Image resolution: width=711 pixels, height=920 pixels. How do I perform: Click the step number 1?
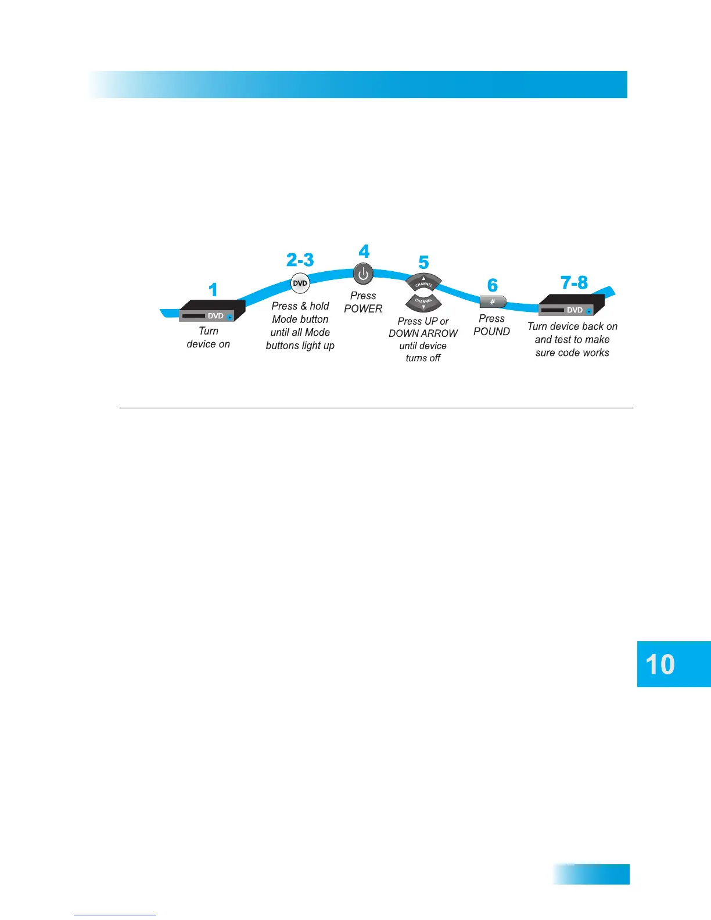click(213, 289)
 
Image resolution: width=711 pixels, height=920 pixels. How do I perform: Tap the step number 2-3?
click(300, 260)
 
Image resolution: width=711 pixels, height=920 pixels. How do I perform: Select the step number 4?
click(364, 251)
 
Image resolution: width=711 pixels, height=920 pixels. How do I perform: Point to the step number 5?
click(423, 263)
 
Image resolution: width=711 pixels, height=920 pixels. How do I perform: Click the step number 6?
click(493, 285)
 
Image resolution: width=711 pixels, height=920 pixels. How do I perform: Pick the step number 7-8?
click(574, 283)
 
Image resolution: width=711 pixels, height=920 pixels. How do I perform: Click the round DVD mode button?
click(300, 283)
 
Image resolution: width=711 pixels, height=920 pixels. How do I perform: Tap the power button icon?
click(363, 274)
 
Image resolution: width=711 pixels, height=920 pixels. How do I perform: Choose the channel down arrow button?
click(423, 303)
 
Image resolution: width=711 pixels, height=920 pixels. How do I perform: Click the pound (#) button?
click(493, 302)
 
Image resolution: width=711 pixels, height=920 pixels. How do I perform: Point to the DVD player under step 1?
click(212, 311)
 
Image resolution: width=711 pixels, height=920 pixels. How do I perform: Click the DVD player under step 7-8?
click(572, 305)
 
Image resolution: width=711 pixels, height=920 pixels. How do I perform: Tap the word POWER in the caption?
click(363, 309)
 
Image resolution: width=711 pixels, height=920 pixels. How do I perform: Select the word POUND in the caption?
click(491, 332)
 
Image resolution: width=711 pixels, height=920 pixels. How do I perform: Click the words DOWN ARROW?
click(423, 333)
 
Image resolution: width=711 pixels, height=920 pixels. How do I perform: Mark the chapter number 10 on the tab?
click(660, 664)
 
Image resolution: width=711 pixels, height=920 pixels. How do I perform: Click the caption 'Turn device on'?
click(209, 337)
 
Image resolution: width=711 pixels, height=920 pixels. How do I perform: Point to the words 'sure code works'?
click(572, 353)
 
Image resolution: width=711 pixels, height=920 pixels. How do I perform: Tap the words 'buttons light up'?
click(300, 346)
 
